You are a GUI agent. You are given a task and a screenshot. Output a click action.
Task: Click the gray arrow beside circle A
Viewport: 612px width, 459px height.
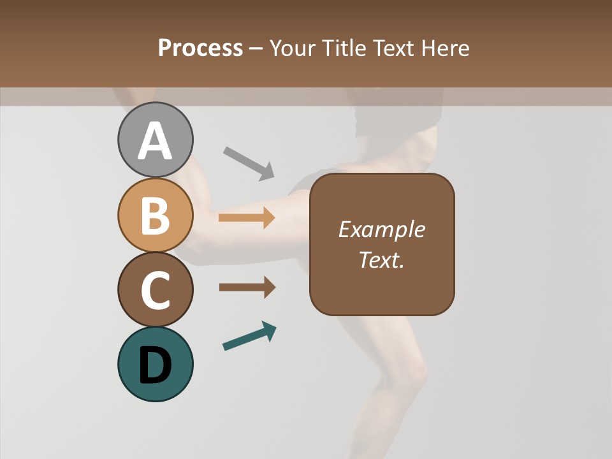[x=249, y=163]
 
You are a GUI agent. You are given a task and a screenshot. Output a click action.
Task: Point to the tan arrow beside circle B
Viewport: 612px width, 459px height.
[x=247, y=218]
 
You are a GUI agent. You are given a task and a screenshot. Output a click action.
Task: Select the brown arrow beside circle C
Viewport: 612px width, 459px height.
[x=247, y=288]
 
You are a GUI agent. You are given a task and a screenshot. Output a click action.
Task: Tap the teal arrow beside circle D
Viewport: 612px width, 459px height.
[x=249, y=336]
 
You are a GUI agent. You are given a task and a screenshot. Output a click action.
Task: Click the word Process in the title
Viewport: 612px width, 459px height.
[x=200, y=48]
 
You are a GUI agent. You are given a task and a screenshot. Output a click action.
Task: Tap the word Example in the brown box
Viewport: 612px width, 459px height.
[x=381, y=229]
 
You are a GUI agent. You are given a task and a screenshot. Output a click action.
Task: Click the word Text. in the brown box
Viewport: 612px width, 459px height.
[x=381, y=259]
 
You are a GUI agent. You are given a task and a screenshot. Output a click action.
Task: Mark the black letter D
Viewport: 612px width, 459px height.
[x=155, y=365]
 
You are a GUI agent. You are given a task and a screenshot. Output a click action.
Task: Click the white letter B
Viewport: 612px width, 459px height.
[x=155, y=215]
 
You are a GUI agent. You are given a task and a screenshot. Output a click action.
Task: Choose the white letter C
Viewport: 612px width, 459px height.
[x=155, y=291]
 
